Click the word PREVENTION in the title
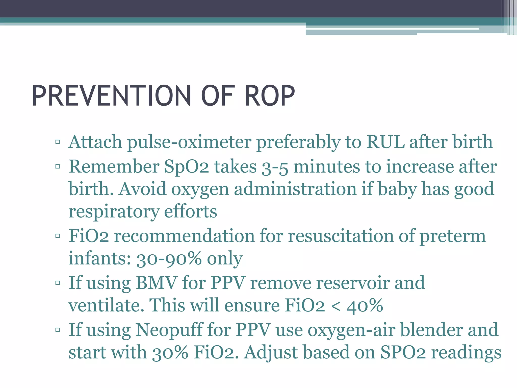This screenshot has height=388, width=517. [x=111, y=96]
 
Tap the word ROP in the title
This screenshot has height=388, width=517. [x=269, y=96]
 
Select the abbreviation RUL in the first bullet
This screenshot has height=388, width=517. [x=385, y=142]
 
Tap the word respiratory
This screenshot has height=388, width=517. [x=114, y=212]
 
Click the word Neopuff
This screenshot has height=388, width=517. [x=169, y=330]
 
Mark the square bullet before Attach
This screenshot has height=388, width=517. [x=58, y=142]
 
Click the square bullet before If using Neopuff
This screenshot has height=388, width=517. [x=58, y=330]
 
